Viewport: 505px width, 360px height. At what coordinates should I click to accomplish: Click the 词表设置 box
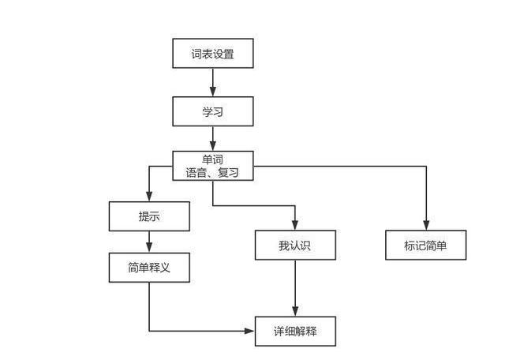tap(213, 53)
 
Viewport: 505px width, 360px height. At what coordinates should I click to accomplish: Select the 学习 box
tap(213, 111)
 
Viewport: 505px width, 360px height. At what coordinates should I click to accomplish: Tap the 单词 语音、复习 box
tap(213, 166)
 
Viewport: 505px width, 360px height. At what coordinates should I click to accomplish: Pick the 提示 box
tap(149, 216)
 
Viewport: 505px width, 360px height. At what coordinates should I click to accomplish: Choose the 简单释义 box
tap(149, 267)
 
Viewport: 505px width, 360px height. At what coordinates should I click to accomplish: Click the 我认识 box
tap(296, 245)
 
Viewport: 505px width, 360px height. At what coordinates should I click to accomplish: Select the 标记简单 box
tap(426, 245)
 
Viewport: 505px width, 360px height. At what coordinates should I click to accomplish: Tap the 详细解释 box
tap(296, 331)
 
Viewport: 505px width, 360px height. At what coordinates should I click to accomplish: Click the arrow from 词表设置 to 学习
tap(213, 82)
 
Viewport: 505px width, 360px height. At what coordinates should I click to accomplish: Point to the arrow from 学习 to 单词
tap(213, 138)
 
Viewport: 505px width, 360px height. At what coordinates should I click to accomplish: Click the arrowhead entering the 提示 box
tap(149, 197)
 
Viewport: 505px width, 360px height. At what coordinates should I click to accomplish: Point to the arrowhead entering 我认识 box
tap(296, 225)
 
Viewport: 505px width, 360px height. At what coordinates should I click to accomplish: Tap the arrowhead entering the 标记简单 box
tap(426, 225)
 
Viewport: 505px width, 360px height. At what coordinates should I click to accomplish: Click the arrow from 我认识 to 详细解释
tap(296, 287)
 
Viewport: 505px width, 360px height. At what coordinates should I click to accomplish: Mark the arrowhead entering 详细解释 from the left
tap(250, 331)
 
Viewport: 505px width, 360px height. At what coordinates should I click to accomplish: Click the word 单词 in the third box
tap(213, 159)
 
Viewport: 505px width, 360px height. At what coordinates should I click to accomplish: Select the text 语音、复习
tap(213, 173)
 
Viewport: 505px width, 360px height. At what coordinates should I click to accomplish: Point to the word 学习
tap(213, 111)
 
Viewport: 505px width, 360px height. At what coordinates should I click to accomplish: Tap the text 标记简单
tap(426, 246)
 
